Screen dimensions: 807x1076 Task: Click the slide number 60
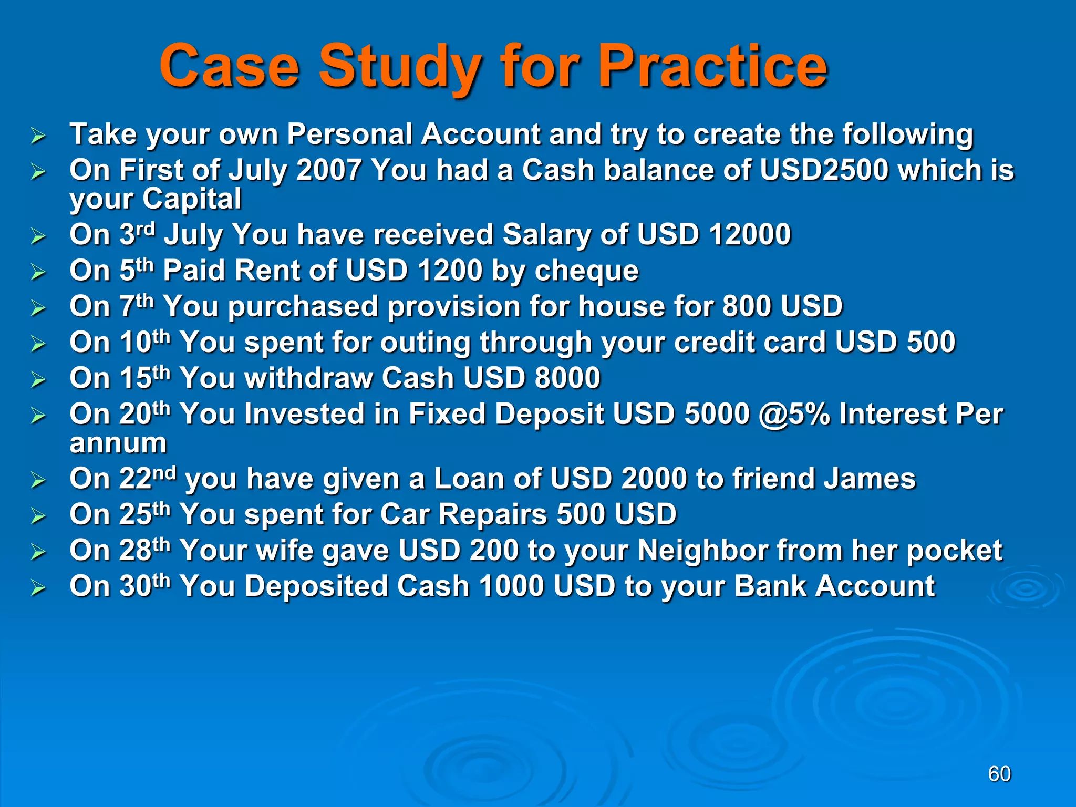pos(999,774)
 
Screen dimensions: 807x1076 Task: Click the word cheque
pos(586,271)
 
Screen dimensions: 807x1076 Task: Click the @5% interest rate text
pos(794,414)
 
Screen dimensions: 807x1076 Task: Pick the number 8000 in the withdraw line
pos(567,378)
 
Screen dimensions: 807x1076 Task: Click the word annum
pos(118,443)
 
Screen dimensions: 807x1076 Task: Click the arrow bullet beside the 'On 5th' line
pos(38,272)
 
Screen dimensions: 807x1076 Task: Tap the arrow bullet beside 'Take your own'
pos(38,136)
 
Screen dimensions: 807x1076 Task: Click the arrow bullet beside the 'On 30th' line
pos(38,588)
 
